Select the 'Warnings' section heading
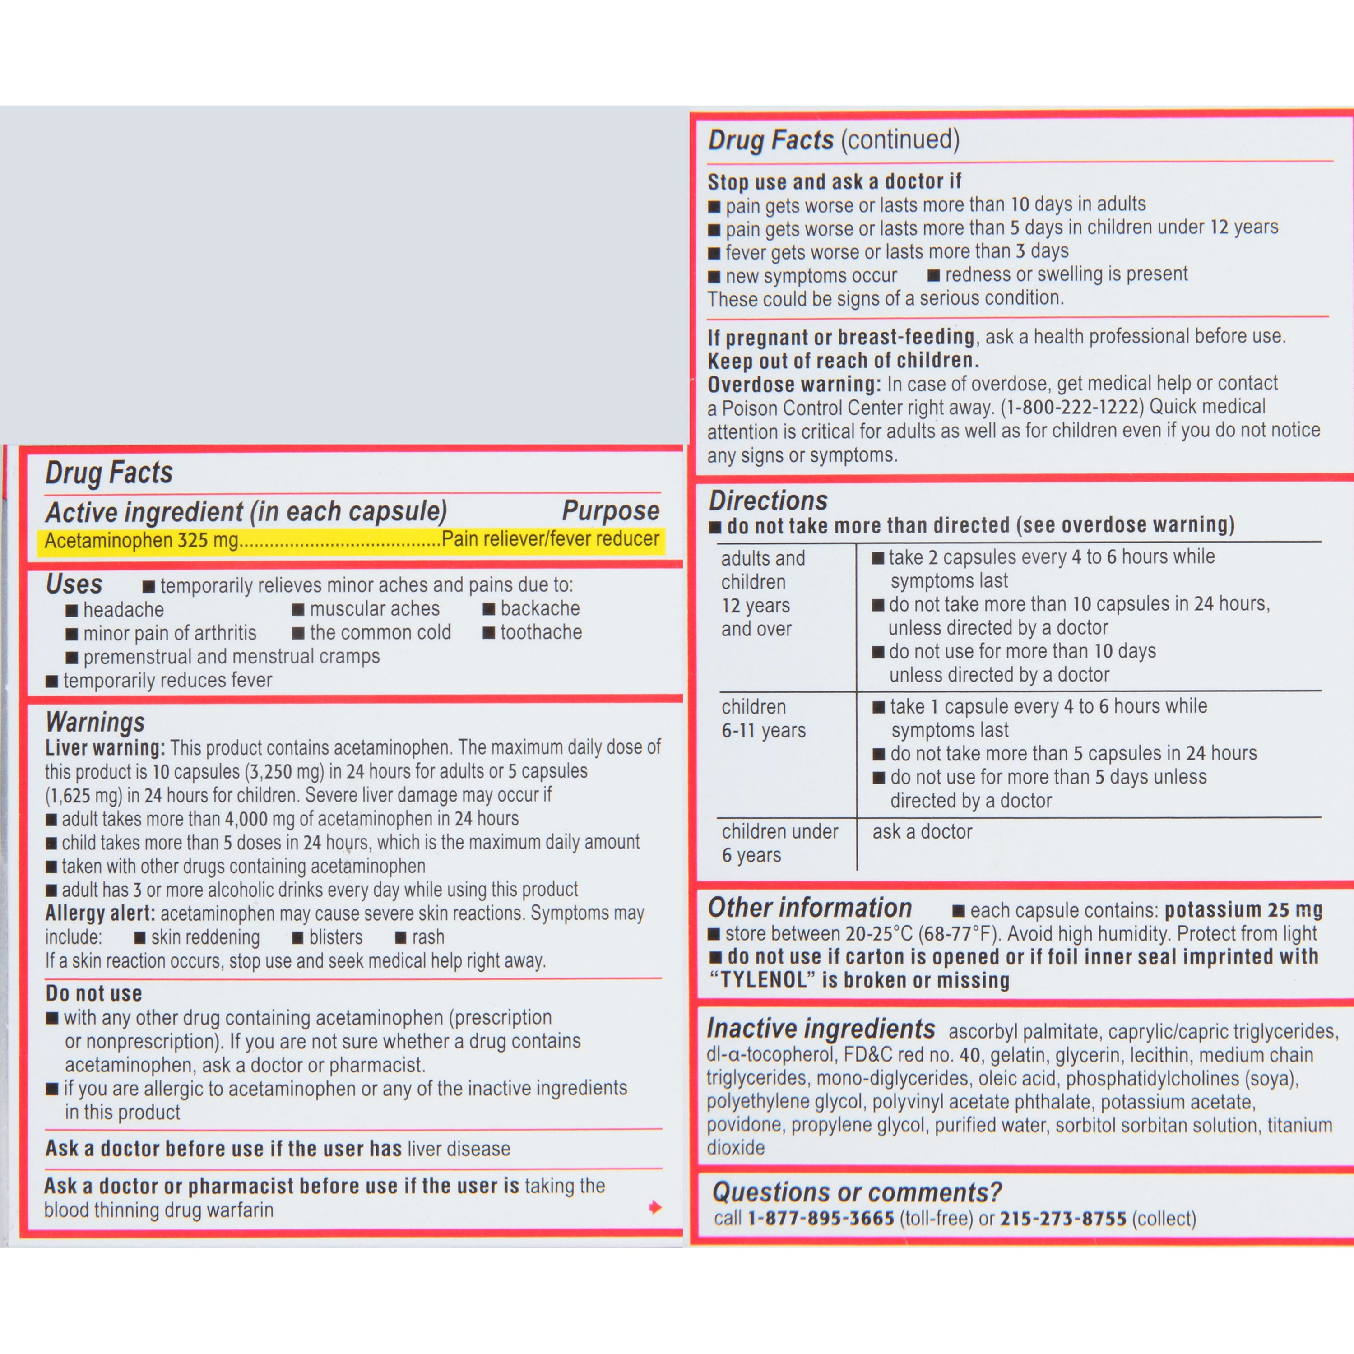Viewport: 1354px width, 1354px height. point(95,722)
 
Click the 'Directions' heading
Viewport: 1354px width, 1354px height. point(768,501)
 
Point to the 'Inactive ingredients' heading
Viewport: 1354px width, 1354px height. point(821,1028)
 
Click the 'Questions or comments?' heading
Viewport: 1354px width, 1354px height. point(857,1192)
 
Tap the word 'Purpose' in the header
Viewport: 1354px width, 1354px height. point(610,511)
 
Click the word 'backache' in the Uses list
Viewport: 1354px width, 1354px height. point(540,608)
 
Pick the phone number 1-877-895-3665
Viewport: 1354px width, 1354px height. point(821,1219)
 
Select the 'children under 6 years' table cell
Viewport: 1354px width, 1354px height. point(779,843)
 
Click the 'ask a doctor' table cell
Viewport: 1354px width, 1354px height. point(922,832)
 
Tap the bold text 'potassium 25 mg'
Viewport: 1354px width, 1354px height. point(1243,910)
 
